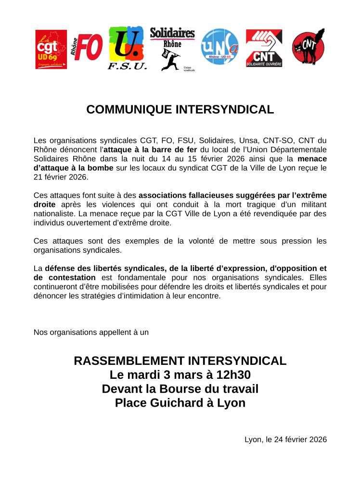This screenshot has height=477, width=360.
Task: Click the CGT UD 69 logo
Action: tap(51, 50)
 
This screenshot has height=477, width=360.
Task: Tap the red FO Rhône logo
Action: tap(87, 48)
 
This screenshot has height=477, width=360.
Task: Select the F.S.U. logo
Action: tap(127, 49)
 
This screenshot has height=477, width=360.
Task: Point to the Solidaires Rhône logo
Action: tap(172, 49)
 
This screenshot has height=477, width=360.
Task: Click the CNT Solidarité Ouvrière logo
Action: tap(264, 48)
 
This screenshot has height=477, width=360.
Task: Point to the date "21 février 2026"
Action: tap(61, 177)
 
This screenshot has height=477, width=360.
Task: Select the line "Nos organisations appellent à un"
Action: tap(91, 332)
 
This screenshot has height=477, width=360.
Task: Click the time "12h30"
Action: tap(234, 375)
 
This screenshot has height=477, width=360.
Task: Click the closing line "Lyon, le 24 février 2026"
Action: tap(285, 439)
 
